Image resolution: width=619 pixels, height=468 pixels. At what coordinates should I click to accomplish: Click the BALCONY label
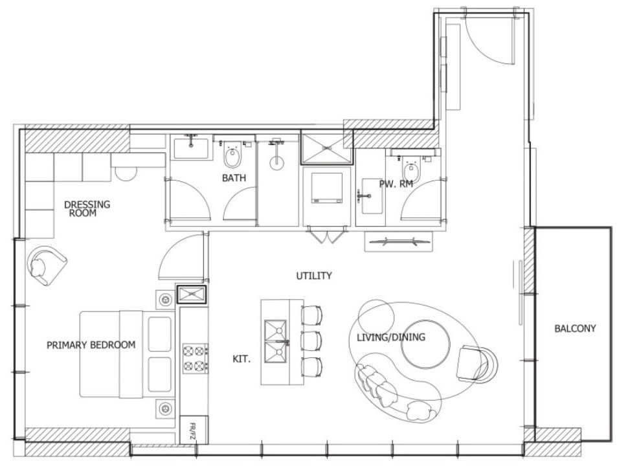pyautogui.click(x=575, y=328)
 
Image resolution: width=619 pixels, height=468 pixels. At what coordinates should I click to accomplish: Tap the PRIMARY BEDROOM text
pyautogui.click(x=91, y=345)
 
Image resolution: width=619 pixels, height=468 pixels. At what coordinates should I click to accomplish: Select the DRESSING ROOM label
pyautogui.click(x=87, y=208)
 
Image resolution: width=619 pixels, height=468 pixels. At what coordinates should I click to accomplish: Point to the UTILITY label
pyautogui.click(x=314, y=276)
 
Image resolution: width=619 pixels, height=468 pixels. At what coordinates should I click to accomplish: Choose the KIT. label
pyautogui.click(x=242, y=359)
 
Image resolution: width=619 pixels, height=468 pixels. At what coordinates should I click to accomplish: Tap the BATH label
pyautogui.click(x=234, y=178)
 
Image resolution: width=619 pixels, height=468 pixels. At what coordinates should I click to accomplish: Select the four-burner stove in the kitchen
pyautogui.click(x=196, y=359)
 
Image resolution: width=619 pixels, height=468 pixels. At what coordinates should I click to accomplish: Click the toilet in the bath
pyautogui.click(x=232, y=155)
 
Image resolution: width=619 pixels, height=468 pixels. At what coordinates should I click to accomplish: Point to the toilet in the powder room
pyautogui.click(x=411, y=170)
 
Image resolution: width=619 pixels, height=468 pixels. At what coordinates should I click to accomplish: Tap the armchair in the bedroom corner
pyautogui.click(x=46, y=265)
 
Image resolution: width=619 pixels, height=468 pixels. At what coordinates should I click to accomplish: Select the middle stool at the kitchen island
pyautogui.click(x=311, y=340)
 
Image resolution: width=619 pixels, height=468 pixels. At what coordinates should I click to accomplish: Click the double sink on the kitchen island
pyautogui.click(x=276, y=341)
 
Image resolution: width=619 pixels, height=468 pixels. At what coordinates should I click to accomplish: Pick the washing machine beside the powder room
pyautogui.click(x=326, y=188)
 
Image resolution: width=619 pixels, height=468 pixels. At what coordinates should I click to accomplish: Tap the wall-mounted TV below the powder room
pyautogui.click(x=398, y=241)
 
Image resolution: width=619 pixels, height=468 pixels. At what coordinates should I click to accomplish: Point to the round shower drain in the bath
pyautogui.click(x=276, y=162)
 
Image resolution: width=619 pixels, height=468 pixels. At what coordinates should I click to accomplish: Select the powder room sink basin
pyautogui.click(x=372, y=196)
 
